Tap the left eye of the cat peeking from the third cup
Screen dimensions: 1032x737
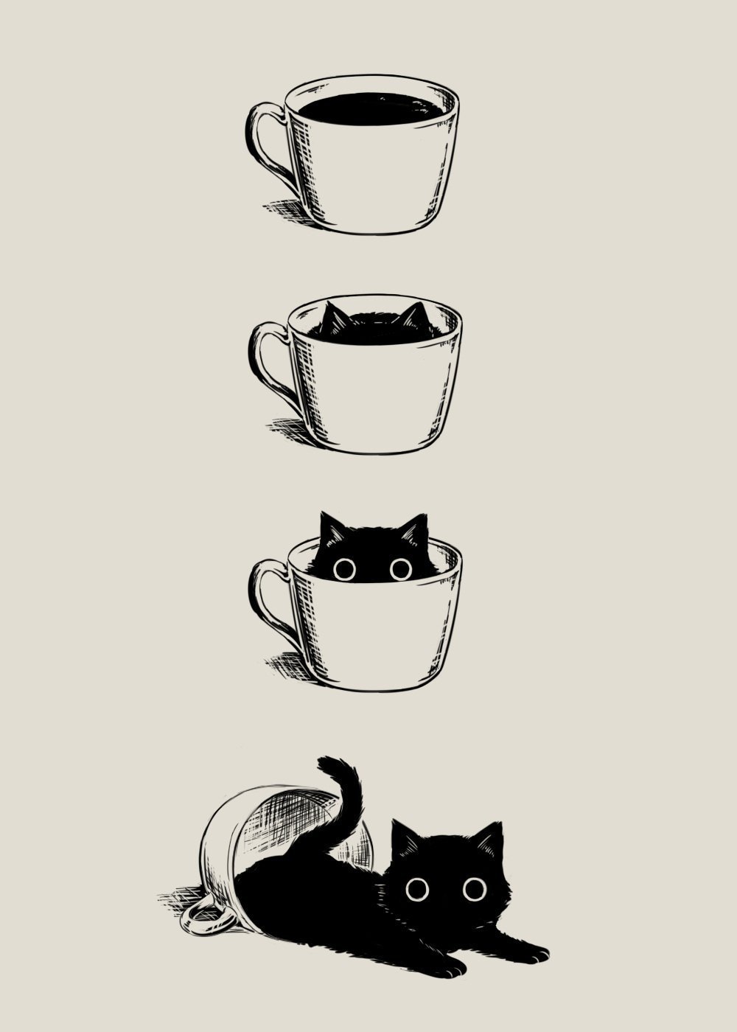click(344, 569)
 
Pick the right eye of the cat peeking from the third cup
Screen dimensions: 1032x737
click(401, 568)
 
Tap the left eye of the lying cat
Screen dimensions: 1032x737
click(417, 889)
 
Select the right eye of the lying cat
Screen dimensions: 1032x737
click(475, 889)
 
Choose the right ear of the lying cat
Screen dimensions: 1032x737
click(490, 837)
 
